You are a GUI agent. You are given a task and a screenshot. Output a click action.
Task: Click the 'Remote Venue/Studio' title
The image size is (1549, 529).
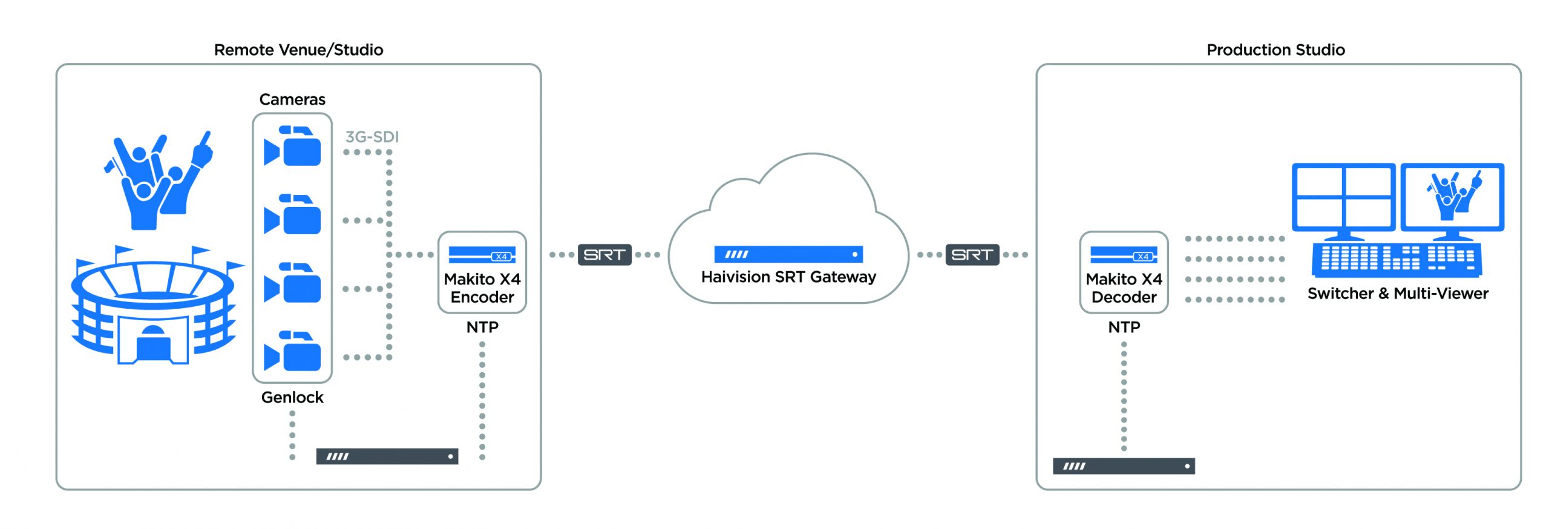click(x=298, y=50)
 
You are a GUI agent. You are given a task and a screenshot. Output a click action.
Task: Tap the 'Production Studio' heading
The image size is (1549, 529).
click(x=1275, y=50)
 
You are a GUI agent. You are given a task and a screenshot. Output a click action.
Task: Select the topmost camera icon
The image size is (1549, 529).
click(x=292, y=146)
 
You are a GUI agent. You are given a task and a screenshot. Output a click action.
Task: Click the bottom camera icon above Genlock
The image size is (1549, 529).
click(x=292, y=351)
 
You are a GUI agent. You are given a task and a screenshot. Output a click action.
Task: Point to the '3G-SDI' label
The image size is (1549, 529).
click(x=372, y=137)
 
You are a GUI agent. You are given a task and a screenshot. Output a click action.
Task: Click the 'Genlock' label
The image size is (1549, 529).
click(x=292, y=397)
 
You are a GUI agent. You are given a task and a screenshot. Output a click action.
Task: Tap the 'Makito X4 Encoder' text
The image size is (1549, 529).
click(x=482, y=288)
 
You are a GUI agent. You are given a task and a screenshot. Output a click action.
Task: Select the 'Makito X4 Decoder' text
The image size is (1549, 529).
click(x=1124, y=288)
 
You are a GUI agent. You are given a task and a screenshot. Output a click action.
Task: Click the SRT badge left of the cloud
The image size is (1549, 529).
click(x=604, y=255)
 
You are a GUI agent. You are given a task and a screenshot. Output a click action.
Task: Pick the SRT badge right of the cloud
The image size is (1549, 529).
click(x=972, y=255)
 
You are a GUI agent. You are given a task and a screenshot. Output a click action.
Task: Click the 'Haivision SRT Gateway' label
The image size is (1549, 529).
click(x=788, y=277)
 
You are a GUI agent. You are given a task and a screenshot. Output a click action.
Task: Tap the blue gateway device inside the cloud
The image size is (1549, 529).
click(x=788, y=254)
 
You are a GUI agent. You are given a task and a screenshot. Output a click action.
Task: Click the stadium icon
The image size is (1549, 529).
click(x=154, y=309)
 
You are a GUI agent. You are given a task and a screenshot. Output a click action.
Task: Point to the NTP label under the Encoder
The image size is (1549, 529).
click(x=482, y=327)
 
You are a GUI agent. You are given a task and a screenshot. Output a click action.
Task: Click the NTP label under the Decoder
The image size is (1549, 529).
click(x=1124, y=327)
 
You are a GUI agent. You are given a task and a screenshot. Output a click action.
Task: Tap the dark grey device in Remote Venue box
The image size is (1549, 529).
click(x=387, y=456)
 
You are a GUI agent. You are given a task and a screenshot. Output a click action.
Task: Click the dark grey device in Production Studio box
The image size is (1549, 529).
click(x=1123, y=466)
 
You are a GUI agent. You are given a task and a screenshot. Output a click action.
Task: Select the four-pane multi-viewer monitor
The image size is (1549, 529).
click(x=1343, y=197)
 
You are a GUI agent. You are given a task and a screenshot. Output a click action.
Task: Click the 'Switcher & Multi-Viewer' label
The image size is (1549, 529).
click(x=1397, y=294)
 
